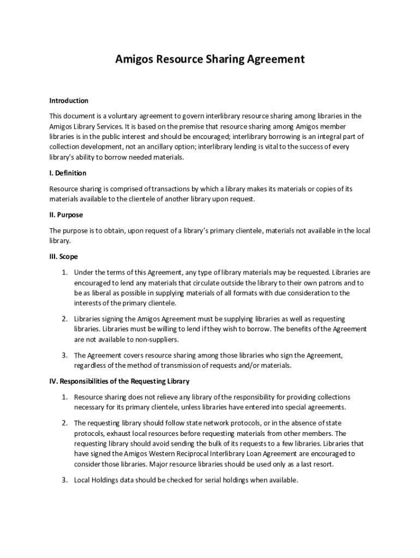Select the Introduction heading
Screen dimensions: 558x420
69,101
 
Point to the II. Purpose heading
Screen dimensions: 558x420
66,215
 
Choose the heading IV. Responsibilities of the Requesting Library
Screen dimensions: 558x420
119,381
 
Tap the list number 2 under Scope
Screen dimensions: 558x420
64,319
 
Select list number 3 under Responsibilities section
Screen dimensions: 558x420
64,480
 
